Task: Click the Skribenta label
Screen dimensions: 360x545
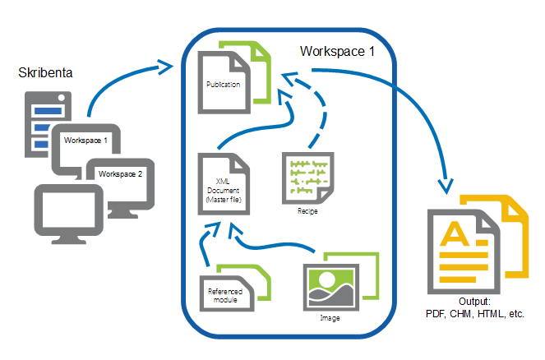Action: pyautogui.click(x=46, y=73)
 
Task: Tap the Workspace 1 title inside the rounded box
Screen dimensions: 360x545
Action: pyautogui.click(x=337, y=52)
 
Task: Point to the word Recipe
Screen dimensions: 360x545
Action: pyautogui.click(x=306, y=211)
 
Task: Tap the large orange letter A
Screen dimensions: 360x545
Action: pyautogui.click(x=456, y=238)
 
